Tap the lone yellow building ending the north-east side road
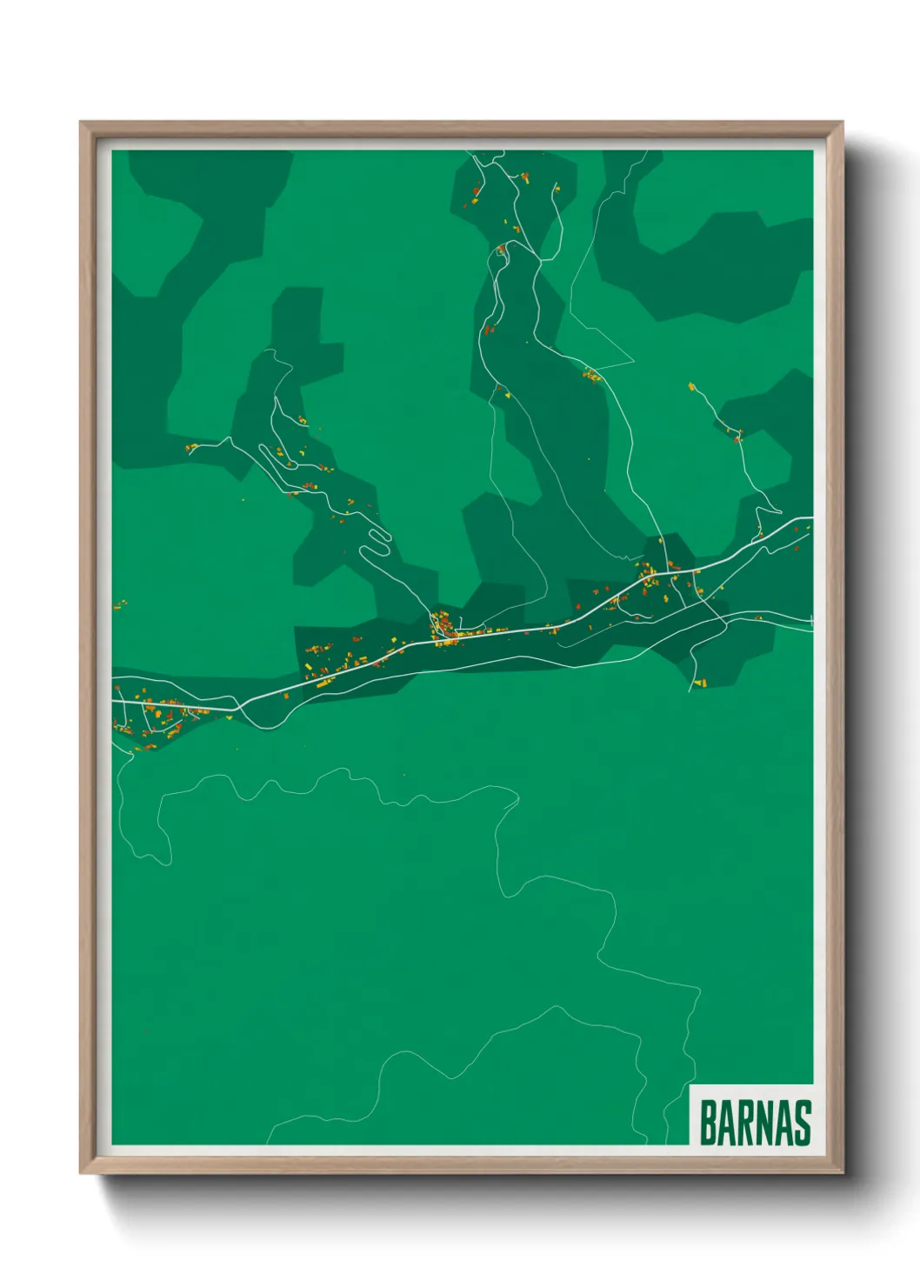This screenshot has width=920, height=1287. tap(692, 386)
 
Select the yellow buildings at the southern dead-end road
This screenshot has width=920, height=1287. tap(701, 683)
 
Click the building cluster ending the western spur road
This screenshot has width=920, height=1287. tap(190, 448)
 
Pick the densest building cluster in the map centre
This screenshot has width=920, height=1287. tap(443, 627)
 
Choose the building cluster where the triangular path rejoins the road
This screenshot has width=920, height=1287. tap(592, 377)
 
